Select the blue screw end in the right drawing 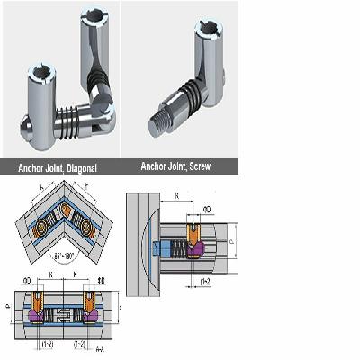pyautogui.click(x=160, y=250)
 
